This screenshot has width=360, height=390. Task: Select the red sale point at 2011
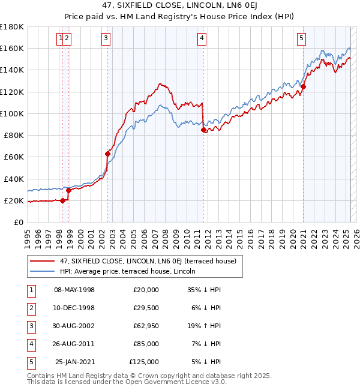point(204,130)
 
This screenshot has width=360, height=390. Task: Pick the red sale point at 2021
point(304,86)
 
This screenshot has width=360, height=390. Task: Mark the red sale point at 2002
point(108,154)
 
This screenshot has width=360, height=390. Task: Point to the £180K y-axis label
point(12,27)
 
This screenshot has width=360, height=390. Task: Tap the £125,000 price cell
point(143,362)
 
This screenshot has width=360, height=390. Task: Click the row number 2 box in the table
point(29,308)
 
